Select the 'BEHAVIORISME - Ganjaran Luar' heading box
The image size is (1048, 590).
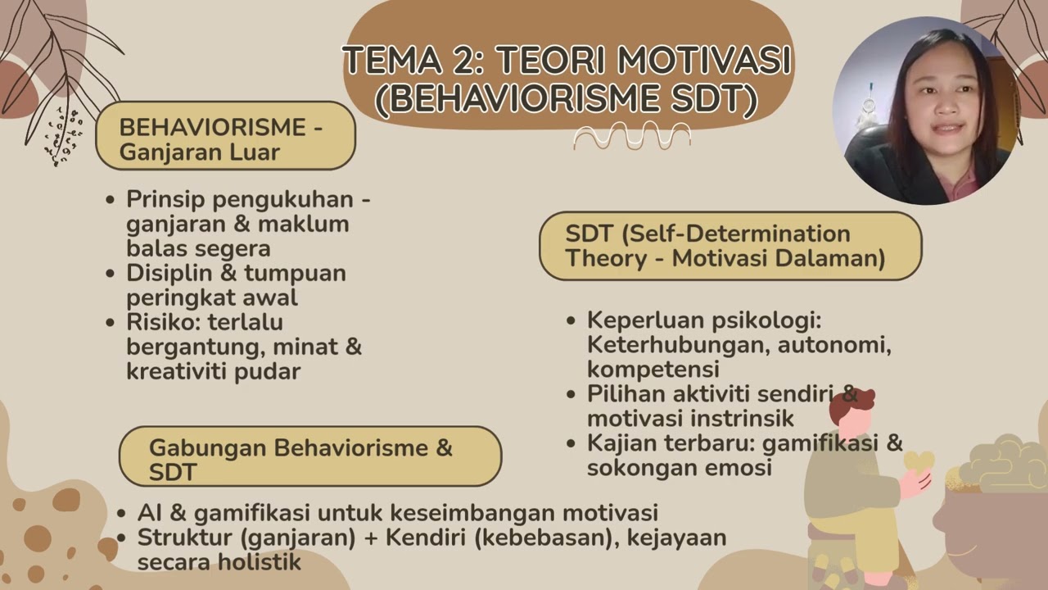pyautogui.click(x=225, y=136)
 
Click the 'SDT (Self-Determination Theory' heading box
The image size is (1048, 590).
pyautogui.click(x=730, y=246)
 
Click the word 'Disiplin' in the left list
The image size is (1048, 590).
pyautogui.click(x=172, y=274)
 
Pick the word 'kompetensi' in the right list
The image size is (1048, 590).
pyautogui.click(x=653, y=369)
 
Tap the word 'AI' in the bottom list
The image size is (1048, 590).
pyautogui.click(x=150, y=514)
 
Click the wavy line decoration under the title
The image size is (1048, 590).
pyautogui.click(x=631, y=135)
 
